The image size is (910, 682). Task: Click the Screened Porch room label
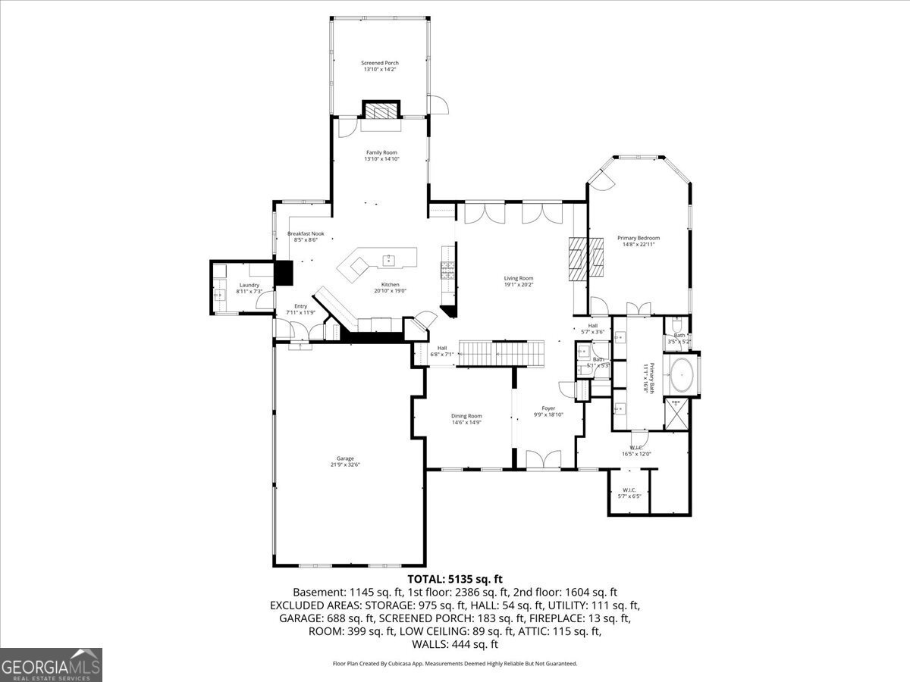tap(380, 63)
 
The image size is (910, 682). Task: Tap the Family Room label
tap(381, 152)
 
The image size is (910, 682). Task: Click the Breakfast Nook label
tap(306, 233)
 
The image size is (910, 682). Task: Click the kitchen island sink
tap(390, 260)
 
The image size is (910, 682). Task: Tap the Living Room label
tap(519, 278)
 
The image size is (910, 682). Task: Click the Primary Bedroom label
tap(638, 238)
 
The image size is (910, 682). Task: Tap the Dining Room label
tap(466, 415)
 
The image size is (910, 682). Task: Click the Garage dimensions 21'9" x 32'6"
tap(345, 465)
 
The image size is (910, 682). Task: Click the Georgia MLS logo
tap(52, 665)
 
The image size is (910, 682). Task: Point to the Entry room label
tap(301, 306)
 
